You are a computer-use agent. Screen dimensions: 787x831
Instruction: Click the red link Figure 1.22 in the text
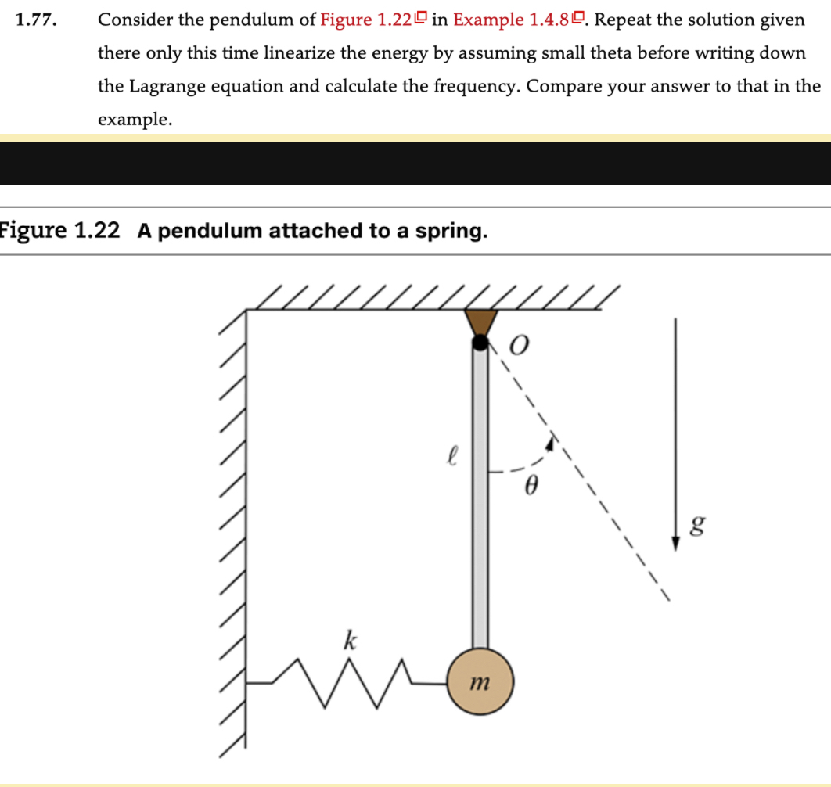click(365, 21)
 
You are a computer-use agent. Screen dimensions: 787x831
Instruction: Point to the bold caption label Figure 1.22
click(61, 231)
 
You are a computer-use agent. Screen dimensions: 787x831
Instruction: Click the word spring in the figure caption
click(453, 231)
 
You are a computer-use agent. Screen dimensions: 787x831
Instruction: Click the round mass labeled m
click(480, 681)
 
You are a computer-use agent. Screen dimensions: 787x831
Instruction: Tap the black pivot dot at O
click(480, 342)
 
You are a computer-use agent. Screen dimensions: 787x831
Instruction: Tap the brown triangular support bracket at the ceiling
click(480, 322)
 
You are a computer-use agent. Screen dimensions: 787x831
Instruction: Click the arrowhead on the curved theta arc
click(552, 444)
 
